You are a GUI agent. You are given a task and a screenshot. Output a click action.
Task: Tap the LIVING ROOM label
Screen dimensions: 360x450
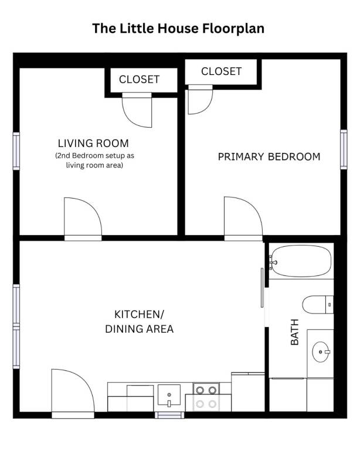[x=93, y=143]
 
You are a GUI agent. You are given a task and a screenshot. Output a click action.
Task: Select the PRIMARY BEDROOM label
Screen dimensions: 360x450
[x=269, y=156]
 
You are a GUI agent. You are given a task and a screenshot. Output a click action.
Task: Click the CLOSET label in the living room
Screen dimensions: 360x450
[x=139, y=80]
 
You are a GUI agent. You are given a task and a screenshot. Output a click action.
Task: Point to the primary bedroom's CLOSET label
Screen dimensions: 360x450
[x=222, y=71]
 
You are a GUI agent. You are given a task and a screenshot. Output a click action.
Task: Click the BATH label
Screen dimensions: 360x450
[x=294, y=332]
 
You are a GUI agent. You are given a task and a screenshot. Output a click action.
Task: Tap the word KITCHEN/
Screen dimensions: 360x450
[x=139, y=315]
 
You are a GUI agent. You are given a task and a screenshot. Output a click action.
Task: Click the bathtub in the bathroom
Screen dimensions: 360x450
[x=301, y=261]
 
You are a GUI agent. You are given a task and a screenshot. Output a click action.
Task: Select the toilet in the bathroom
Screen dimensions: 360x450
[x=318, y=305]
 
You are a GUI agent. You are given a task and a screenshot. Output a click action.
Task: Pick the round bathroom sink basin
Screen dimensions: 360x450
[x=320, y=352]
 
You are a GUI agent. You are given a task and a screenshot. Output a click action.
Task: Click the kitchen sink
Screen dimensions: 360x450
[x=169, y=396]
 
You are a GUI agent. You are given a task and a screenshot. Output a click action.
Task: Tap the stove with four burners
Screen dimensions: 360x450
[x=206, y=397]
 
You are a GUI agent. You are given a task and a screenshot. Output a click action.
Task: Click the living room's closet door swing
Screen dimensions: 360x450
[x=137, y=110]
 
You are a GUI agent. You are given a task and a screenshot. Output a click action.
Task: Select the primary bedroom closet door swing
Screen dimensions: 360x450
[x=201, y=99]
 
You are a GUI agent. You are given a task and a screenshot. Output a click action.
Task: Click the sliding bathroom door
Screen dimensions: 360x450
[x=262, y=288]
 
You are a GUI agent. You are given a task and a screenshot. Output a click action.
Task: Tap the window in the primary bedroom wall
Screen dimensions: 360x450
[x=344, y=149]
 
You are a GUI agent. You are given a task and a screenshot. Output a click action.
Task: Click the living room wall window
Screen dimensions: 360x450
[x=16, y=151]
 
